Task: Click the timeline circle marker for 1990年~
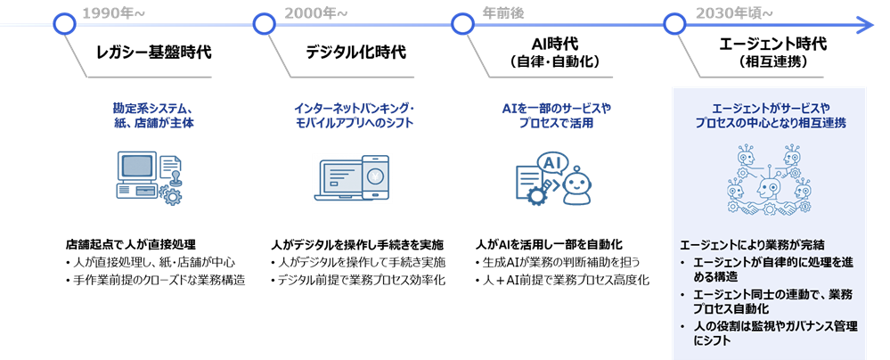(x=63, y=24)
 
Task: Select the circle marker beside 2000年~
(x=263, y=24)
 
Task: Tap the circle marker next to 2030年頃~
(x=674, y=24)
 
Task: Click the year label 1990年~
(x=113, y=13)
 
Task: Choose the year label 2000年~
(x=316, y=13)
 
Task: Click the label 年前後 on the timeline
(x=503, y=13)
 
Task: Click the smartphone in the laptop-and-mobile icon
(x=374, y=177)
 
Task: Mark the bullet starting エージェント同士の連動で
(x=772, y=301)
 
